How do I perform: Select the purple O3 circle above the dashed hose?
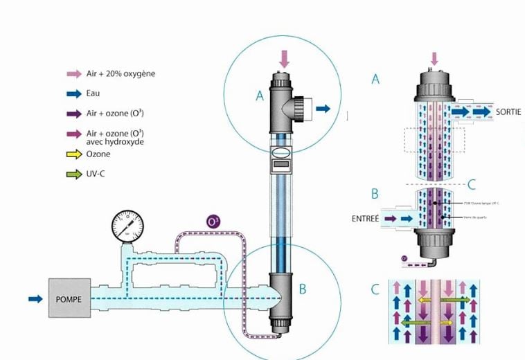pyautogui.click(x=214, y=222)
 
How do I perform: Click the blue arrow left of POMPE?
pyautogui.click(x=35, y=298)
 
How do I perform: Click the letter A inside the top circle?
pyautogui.click(x=260, y=96)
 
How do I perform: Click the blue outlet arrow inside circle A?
pyautogui.click(x=322, y=108)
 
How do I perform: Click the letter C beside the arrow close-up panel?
pyautogui.click(x=375, y=289)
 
